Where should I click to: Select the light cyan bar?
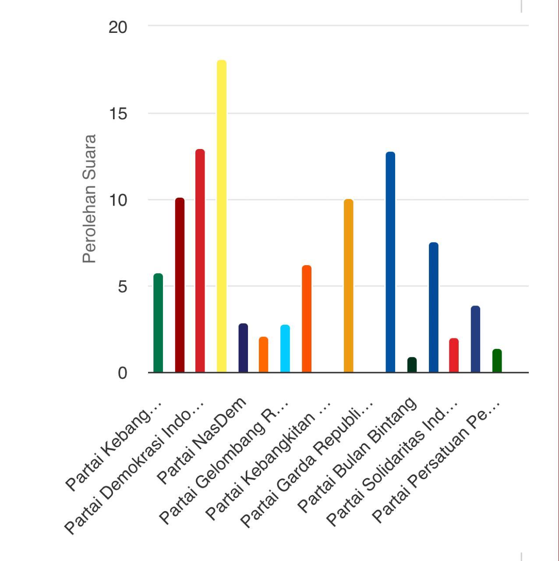click(285, 349)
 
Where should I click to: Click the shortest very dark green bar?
click(412, 365)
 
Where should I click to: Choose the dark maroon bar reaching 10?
click(180, 285)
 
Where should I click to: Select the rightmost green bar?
click(497, 361)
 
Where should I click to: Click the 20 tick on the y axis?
click(118, 27)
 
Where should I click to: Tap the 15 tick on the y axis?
click(118, 114)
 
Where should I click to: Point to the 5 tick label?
click(122, 287)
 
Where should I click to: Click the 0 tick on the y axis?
click(122, 373)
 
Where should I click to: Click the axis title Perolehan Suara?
click(89, 199)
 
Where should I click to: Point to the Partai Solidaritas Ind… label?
click(392, 463)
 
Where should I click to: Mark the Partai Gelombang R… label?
click(224, 463)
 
